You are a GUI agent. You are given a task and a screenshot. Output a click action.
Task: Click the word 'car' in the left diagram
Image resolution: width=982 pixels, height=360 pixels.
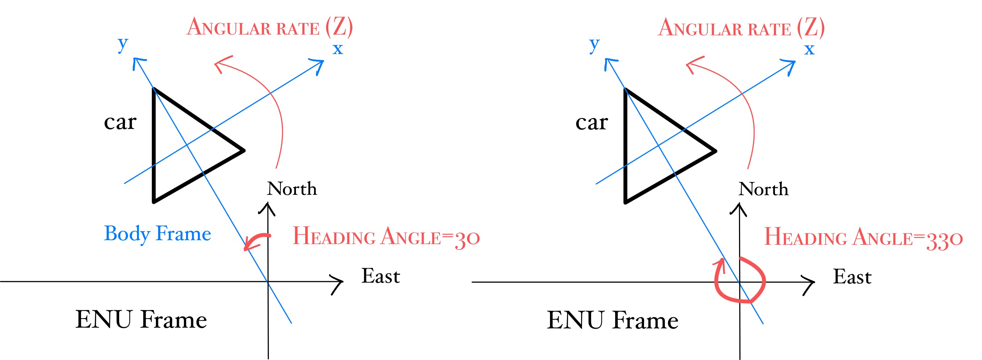click(x=120, y=122)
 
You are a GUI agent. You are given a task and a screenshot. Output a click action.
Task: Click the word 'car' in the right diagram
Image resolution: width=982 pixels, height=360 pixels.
click(x=592, y=123)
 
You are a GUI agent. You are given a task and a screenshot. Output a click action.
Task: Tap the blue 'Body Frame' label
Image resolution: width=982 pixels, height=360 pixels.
click(x=157, y=233)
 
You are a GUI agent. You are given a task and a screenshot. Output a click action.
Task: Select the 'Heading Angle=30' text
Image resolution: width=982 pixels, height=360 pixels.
click(x=386, y=237)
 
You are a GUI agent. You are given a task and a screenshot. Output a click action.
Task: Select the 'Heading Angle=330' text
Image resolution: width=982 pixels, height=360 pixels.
click(x=864, y=238)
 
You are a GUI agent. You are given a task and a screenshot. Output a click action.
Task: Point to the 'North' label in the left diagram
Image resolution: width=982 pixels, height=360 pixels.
click(x=292, y=189)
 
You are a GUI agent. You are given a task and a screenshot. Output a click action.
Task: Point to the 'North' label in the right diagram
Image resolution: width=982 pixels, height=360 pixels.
click(x=763, y=189)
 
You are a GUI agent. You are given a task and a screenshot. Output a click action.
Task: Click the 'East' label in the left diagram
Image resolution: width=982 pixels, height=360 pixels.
click(x=380, y=276)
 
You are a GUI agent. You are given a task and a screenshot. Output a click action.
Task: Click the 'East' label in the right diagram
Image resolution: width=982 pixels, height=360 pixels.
click(x=852, y=277)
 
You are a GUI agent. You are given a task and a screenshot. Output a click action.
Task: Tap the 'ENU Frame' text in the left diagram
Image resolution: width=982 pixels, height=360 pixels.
click(x=141, y=320)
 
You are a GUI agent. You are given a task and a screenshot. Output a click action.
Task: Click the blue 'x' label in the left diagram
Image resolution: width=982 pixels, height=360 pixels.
click(x=338, y=49)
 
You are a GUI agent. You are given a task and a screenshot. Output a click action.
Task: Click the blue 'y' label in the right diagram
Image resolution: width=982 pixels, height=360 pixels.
click(x=594, y=44)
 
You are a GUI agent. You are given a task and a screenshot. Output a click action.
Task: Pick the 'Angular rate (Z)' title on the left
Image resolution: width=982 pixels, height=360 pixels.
click(x=270, y=27)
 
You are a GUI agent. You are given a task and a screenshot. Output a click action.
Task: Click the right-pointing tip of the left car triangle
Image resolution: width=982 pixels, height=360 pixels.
click(x=243, y=150)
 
